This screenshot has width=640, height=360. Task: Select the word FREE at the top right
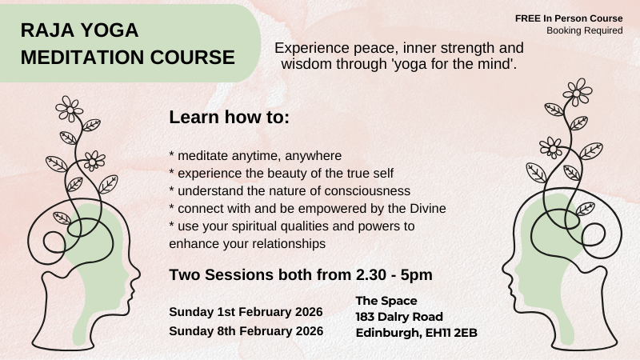pyautogui.click(x=530, y=18)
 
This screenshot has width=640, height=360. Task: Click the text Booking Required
pyautogui.click(x=584, y=30)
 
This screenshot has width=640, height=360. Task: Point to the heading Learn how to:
pyautogui.click(x=229, y=118)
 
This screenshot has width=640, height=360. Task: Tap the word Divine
pyautogui.click(x=425, y=208)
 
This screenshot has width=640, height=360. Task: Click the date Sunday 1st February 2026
pyautogui.click(x=246, y=311)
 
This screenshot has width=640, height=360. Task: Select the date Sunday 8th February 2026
pyautogui.click(x=246, y=330)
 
